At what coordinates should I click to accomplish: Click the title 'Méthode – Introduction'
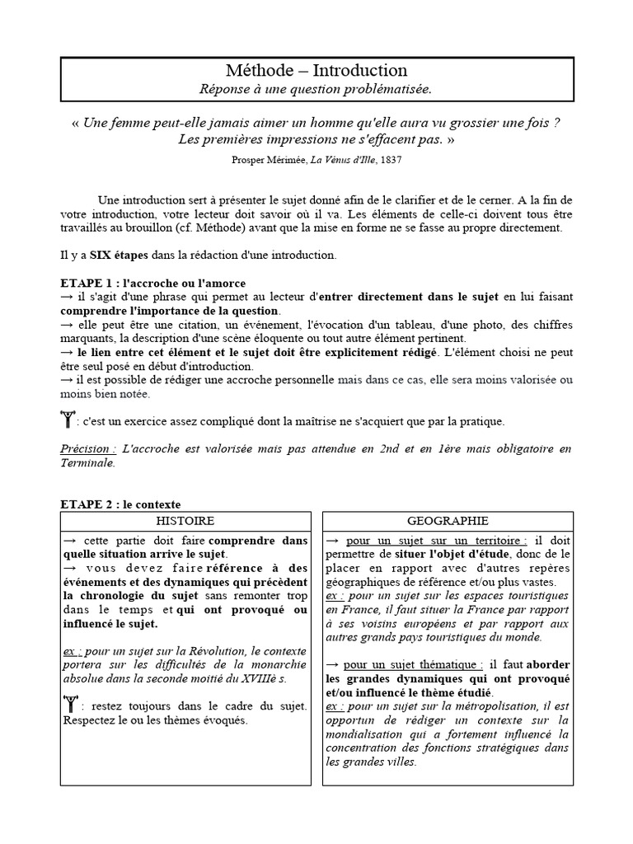click(316, 71)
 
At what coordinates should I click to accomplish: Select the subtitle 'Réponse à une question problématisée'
click(316, 88)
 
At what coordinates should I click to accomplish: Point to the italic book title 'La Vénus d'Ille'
click(336, 159)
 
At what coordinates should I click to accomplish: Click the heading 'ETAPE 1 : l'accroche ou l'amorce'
click(153, 283)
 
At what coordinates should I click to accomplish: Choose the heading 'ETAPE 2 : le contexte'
click(120, 504)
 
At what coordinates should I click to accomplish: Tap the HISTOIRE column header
click(185, 521)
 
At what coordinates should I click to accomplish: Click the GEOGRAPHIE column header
click(448, 521)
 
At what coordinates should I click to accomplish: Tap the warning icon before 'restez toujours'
click(72, 705)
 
